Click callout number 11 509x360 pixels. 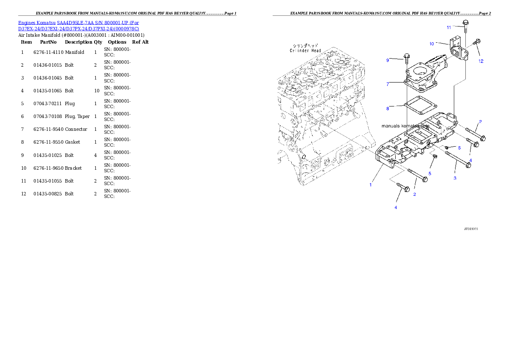tap(449, 27)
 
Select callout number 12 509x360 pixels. tap(481, 61)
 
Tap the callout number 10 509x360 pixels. tap(432, 44)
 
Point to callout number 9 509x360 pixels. tap(388, 60)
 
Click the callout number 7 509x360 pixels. tap(388, 84)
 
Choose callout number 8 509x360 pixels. tap(388, 109)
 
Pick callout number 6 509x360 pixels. tap(459, 148)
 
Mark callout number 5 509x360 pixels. tap(430, 173)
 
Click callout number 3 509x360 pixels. tap(455, 178)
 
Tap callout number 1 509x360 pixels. tap(371, 185)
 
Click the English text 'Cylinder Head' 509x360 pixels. tap(305, 50)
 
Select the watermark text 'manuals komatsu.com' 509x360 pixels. tap(405, 126)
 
